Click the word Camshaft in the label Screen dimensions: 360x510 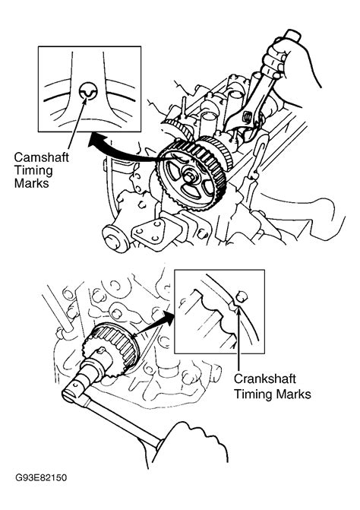41,157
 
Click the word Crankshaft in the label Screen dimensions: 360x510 265,379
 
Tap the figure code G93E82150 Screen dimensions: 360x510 41,478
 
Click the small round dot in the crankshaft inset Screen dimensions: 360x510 242,296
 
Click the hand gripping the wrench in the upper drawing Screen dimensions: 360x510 286,62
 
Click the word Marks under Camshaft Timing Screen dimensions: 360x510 31,183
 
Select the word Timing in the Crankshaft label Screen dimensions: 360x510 252,394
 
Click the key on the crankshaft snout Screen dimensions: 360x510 100,350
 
